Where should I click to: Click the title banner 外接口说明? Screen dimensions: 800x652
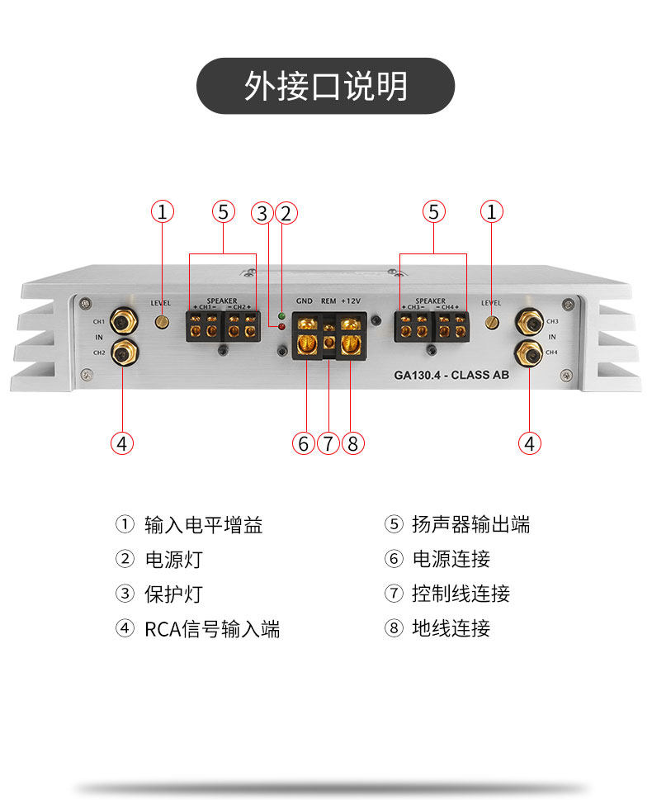click(x=325, y=86)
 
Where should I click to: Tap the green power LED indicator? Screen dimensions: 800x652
click(x=281, y=316)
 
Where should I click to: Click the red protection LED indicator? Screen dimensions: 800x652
click(x=281, y=328)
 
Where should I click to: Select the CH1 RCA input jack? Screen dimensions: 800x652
click(x=123, y=320)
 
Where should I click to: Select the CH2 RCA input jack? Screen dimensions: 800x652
click(x=123, y=353)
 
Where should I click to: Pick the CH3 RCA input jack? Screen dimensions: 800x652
click(x=528, y=320)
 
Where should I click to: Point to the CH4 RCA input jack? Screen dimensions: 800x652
click(x=528, y=353)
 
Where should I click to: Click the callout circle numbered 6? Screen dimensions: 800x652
click(x=304, y=443)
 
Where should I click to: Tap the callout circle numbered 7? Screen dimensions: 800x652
click(x=328, y=443)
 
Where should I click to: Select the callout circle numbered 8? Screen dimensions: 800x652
click(x=352, y=443)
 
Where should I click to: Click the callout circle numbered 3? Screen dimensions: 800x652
click(x=262, y=213)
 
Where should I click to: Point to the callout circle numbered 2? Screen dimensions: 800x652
click(x=286, y=213)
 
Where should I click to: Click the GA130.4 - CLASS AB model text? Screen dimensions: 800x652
click(x=451, y=374)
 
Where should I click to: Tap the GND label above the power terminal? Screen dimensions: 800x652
click(x=305, y=301)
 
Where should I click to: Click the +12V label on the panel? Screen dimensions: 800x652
click(x=351, y=301)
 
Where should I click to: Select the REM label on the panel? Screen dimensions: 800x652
click(x=328, y=301)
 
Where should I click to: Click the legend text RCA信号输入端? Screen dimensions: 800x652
click(x=212, y=629)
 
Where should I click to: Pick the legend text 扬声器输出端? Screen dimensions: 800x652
click(x=470, y=524)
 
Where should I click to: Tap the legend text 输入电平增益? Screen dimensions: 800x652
click(x=203, y=524)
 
